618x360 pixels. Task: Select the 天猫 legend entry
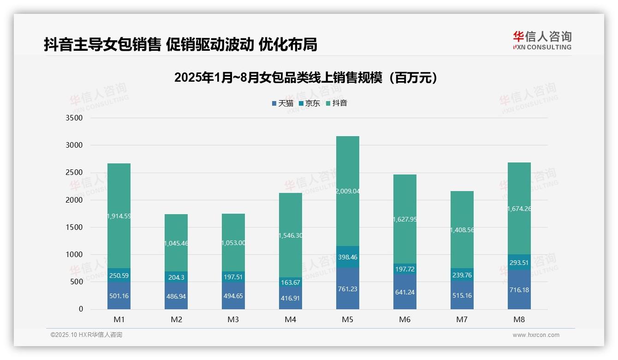click(282, 103)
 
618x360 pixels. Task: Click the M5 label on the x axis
click(347, 319)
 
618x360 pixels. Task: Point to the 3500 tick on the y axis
click(74, 118)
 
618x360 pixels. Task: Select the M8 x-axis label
click(519, 319)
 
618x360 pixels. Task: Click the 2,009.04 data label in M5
click(347, 191)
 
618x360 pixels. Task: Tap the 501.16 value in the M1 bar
click(119, 296)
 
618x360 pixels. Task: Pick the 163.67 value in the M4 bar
click(291, 282)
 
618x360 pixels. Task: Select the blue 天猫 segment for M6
click(404, 292)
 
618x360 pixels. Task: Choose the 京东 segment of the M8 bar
click(519, 262)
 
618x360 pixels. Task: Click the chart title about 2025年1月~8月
click(305, 78)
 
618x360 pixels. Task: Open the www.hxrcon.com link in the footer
click(535, 335)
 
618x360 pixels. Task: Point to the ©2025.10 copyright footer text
click(86, 335)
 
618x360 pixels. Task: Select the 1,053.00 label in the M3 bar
click(233, 243)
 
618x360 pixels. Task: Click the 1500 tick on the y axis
click(74, 228)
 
